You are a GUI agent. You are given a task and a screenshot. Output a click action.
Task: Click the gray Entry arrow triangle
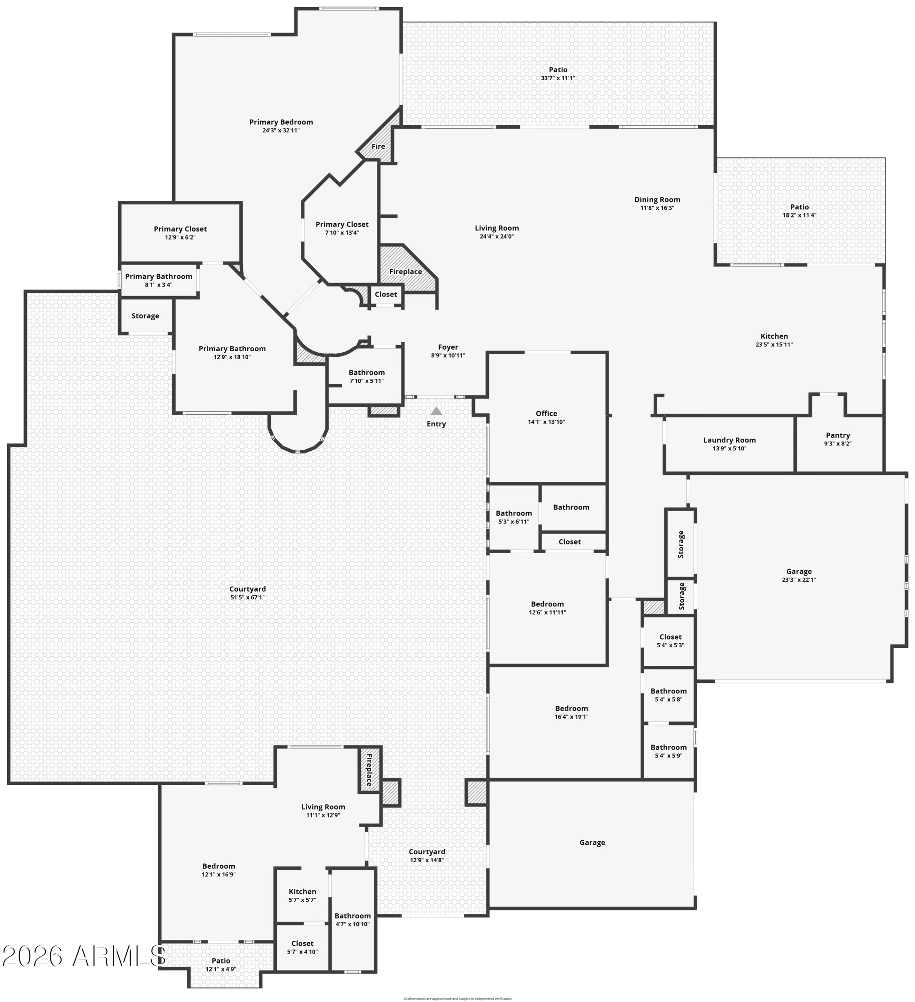click(436, 411)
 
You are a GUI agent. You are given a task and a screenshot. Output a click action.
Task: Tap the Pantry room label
click(837, 435)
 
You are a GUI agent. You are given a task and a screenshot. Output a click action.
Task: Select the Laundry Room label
click(729, 440)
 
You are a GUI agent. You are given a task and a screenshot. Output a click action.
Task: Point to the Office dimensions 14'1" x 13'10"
click(546, 422)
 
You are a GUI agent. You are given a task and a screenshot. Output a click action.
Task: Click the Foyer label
click(448, 347)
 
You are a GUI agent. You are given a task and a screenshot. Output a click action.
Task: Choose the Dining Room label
click(657, 199)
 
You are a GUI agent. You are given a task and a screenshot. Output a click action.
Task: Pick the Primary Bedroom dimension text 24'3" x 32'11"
click(281, 130)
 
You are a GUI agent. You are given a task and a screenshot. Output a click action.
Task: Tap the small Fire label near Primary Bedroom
click(378, 146)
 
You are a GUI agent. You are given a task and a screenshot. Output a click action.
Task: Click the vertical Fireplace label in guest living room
click(369, 770)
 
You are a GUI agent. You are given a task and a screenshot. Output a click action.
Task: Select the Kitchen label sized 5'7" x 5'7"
click(302, 891)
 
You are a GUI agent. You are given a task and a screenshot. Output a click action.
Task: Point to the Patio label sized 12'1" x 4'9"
click(221, 960)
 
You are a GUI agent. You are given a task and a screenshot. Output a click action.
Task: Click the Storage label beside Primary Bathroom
click(145, 316)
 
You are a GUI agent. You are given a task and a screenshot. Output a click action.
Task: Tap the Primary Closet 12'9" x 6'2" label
click(180, 229)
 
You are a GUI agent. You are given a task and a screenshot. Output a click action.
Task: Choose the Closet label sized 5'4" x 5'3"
click(670, 637)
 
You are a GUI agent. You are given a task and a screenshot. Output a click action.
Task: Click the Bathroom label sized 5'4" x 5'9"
click(668, 747)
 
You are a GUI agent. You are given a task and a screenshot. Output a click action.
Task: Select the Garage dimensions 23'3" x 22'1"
click(799, 580)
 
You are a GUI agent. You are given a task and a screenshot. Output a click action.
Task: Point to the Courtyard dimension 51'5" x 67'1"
click(247, 597)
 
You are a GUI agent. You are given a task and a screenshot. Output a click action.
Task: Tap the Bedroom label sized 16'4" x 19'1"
click(571, 708)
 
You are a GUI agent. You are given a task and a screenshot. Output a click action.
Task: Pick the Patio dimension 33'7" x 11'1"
click(558, 78)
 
